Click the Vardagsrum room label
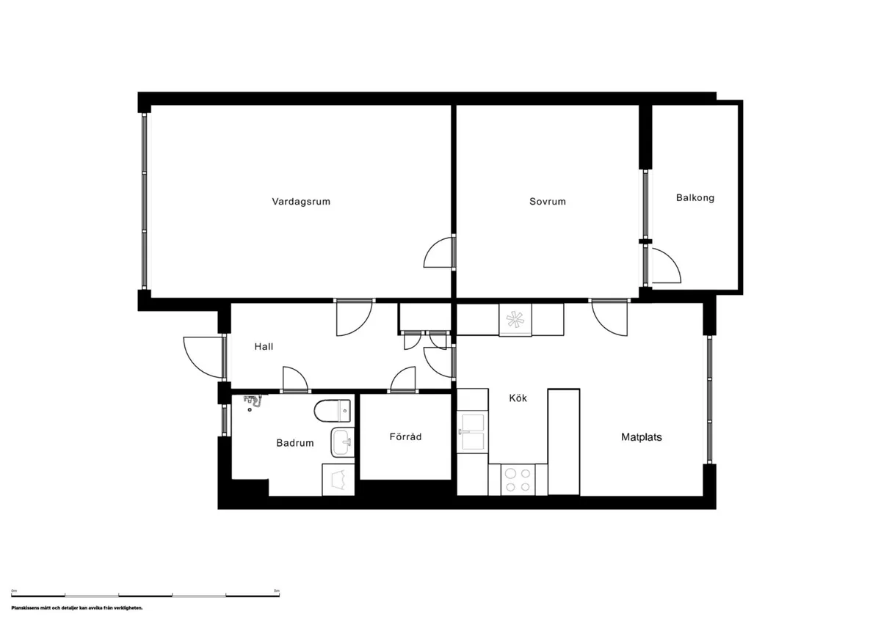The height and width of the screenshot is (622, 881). pos(301,202)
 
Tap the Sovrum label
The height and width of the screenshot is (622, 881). pos(548,202)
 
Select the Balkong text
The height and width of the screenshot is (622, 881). pos(695,198)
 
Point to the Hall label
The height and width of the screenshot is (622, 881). pos(264,346)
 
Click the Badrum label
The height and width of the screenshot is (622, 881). pos(295,443)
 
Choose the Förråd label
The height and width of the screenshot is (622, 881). pos(405,437)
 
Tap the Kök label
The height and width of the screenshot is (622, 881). pos(518,398)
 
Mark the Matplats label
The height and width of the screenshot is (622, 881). pos(642,437)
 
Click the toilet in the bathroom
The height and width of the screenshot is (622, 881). pos(335,411)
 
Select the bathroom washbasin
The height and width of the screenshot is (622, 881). pos(341,442)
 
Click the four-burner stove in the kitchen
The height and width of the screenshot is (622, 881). pos(518,480)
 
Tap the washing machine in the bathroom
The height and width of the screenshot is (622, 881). pos(338,480)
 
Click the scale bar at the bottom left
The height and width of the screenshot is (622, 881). pos(145,594)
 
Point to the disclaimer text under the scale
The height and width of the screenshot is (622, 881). pos(76,608)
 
